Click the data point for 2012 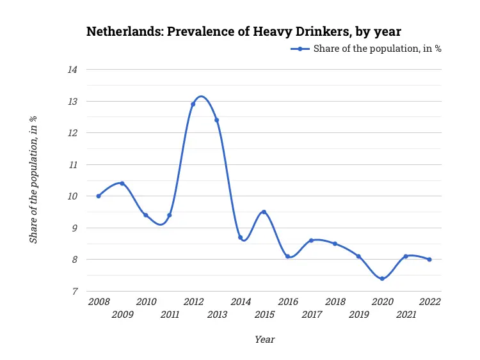coord(193,104)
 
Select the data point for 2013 coord(216,120)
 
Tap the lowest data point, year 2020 coord(382,279)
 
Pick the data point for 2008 coord(98,196)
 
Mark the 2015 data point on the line coord(264,212)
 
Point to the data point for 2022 coord(429,260)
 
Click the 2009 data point coord(122,184)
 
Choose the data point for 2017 coord(311,240)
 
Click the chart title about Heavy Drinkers coord(244,31)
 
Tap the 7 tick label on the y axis coord(74,292)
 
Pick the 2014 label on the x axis coord(241,302)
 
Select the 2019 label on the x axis coord(359,314)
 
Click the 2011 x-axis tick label coord(170,314)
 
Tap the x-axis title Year coord(264,340)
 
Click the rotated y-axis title coord(33,180)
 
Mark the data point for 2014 coord(240,237)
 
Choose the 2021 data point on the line coord(406,256)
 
